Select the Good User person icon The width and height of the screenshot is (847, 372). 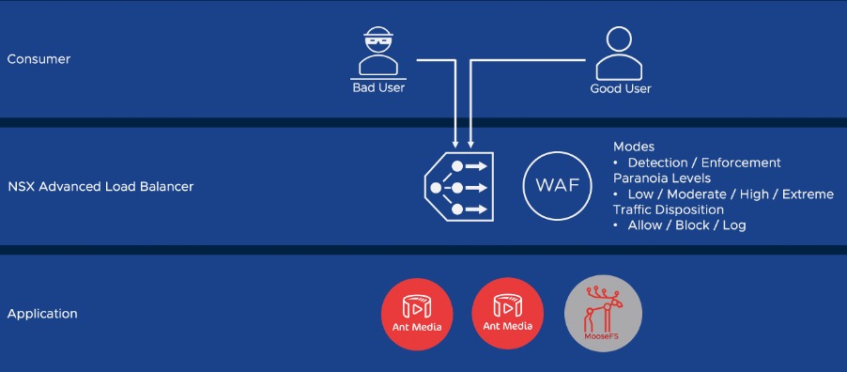pos(620,54)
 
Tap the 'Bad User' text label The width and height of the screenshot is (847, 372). pos(378,88)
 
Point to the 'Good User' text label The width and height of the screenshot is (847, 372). pos(620,88)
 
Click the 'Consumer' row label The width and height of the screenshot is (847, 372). pos(38,59)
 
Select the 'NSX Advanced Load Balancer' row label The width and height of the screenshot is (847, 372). pos(100,187)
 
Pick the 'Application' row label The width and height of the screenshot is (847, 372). pos(42,314)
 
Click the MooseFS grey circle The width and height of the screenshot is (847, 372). pos(603,313)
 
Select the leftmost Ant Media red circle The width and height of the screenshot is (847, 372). pos(418,313)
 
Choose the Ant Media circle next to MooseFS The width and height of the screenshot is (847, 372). pos(506,313)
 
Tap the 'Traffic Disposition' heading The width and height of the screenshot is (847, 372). pos(669,209)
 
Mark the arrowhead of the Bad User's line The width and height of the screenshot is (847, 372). pos(455,144)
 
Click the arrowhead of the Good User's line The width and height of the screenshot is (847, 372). pos(470,144)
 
